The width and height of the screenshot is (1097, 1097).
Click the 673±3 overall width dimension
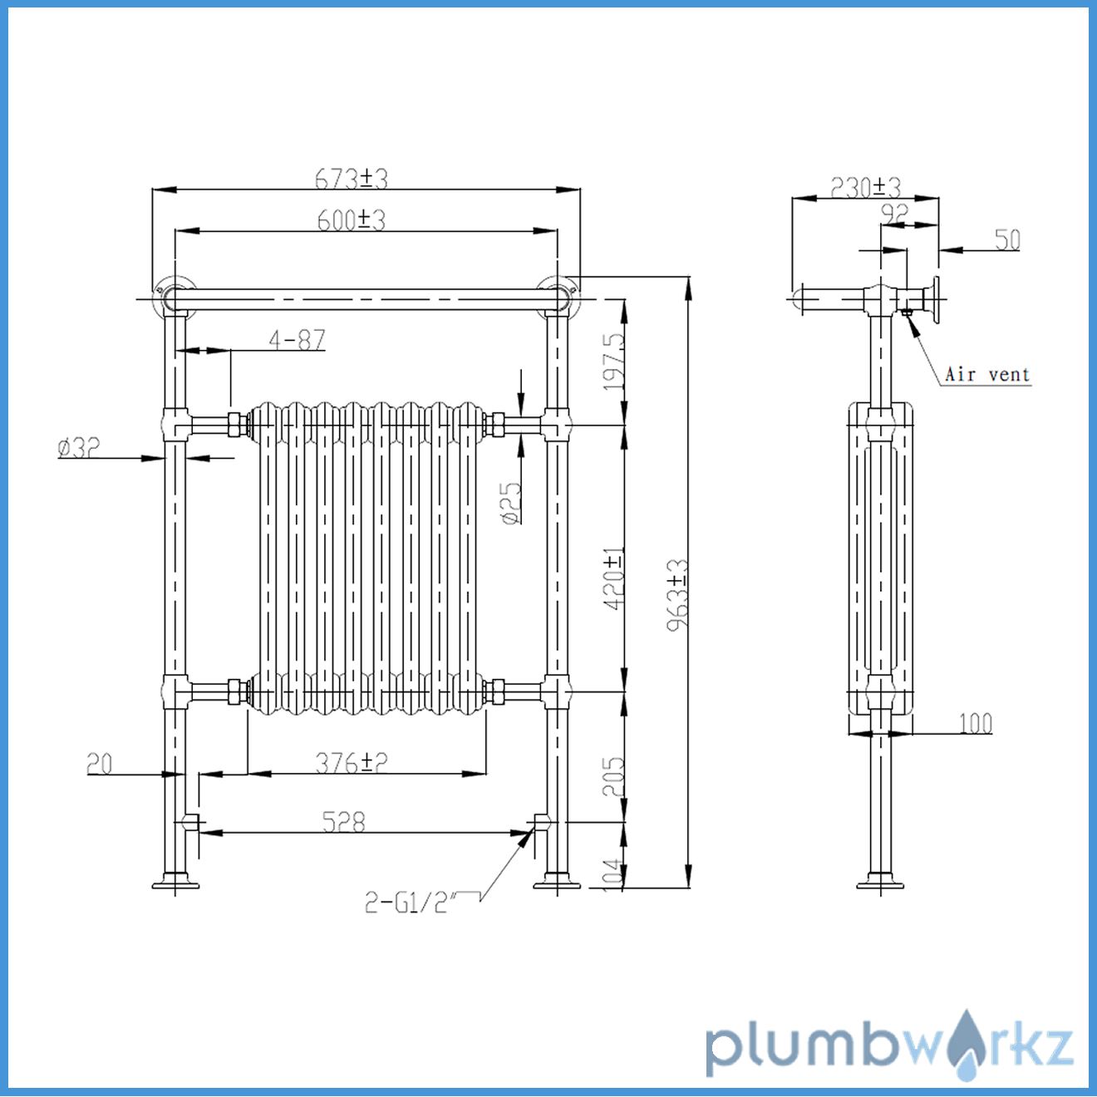click(352, 180)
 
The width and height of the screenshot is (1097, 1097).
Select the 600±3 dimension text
click(352, 220)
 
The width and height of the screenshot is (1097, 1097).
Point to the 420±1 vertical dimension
click(615, 579)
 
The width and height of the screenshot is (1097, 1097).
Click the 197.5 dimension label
click(615, 362)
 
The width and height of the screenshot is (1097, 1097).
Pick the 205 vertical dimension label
click(614, 776)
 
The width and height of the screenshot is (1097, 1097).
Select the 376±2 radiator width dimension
click(352, 763)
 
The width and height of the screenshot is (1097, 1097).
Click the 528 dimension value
click(343, 821)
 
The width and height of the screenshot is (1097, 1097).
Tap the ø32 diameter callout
click(79, 449)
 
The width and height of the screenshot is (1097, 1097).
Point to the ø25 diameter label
click(512, 504)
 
